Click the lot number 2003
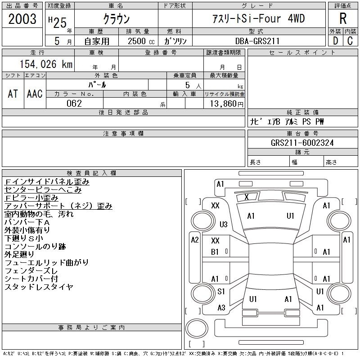click(22, 18)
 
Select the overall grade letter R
click(343, 18)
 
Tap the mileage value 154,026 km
click(46, 64)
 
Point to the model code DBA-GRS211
click(257, 41)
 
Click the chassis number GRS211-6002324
click(302, 143)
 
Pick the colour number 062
click(74, 103)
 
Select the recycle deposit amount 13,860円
click(226, 104)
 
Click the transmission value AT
click(13, 94)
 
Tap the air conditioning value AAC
click(35, 94)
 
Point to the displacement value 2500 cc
click(141, 41)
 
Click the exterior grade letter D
click(335, 41)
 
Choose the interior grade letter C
click(350, 41)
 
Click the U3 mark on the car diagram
click(223, 224)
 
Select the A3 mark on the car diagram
click(221, 308)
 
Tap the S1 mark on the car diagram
click(221, 291)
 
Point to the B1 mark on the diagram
click(215, 252)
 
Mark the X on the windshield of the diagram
click(247, 197)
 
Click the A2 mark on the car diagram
click(195, 240)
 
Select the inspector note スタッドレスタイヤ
click(39, 287)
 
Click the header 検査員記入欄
click(91, 173)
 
